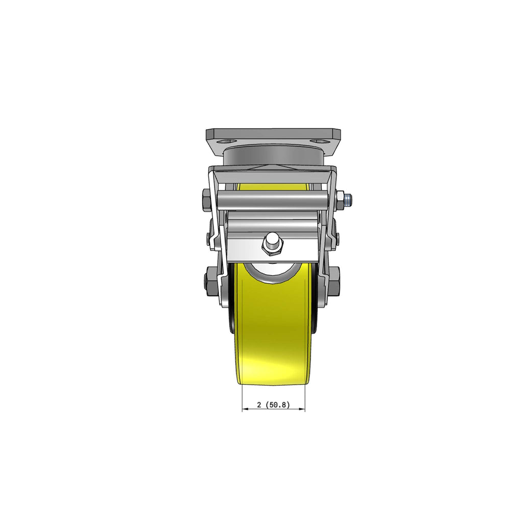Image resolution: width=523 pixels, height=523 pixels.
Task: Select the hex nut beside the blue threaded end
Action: pyautogui.click(x=341, y=200)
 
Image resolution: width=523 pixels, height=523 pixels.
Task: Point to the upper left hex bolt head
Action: pyautogui.click(x=206, y=200)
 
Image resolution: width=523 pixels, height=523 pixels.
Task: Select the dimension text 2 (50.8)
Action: pyautogui.click(x=273, y=405)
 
